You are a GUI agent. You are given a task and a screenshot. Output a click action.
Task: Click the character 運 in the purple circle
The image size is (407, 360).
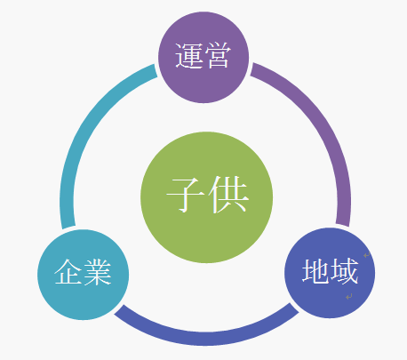coord(189,56)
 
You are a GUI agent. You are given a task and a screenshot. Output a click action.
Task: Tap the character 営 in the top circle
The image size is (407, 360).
coord(218,56)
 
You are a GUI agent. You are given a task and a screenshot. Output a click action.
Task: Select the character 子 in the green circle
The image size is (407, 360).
coord(185,195)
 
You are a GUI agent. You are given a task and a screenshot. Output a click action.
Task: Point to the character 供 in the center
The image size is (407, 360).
coord(228,195)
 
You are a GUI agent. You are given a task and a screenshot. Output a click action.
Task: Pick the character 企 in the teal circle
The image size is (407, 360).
coord(68,272)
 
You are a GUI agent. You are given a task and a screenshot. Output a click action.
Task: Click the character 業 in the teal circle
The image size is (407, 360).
coord(97,272)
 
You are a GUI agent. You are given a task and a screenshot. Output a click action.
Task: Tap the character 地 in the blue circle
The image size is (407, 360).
coord(315,270)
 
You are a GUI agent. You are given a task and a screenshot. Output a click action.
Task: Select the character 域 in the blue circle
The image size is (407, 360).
coord(344,270)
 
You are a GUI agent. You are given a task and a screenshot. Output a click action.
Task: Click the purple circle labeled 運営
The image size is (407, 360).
coord(203,57)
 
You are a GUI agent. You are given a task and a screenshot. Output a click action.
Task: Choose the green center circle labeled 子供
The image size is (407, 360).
coord(206,197)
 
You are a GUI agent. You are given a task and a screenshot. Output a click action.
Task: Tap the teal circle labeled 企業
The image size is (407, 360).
coord(84,275)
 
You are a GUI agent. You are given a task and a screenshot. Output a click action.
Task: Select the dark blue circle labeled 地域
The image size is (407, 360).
coord(330,273)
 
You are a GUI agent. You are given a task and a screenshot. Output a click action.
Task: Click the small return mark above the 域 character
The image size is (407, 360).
coord(366,255)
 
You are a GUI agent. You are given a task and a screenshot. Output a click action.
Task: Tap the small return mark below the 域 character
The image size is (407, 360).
coord(349,296)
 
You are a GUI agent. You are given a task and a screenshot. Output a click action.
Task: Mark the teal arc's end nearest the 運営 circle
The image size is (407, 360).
coord(156,71)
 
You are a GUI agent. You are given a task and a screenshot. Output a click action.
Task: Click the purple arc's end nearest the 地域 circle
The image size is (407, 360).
coord(343,225)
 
